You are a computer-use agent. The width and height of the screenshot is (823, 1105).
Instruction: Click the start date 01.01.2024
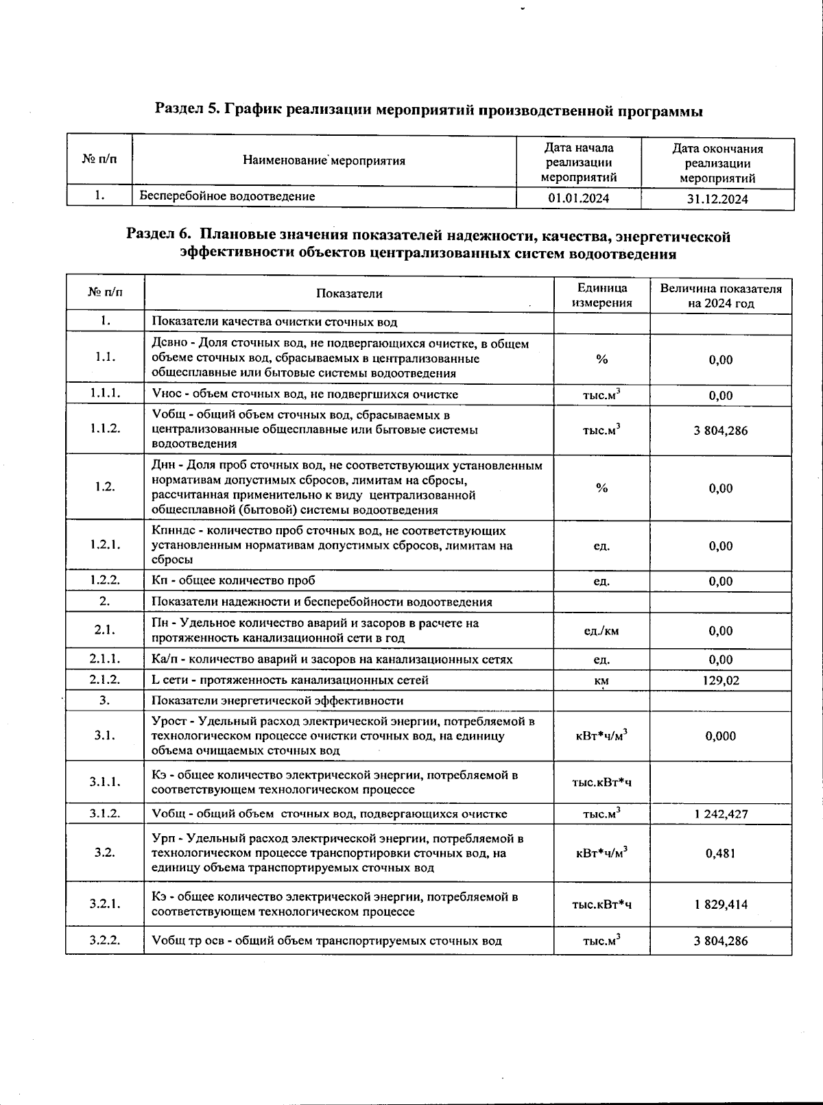(578, 199)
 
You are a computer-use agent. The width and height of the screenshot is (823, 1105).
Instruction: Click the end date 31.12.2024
(717, 199)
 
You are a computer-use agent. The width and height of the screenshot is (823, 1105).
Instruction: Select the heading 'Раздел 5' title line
(429, 110)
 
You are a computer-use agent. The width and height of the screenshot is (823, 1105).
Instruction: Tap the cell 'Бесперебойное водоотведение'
(228, 196)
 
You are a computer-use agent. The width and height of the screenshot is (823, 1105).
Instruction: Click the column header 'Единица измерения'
(601, 295)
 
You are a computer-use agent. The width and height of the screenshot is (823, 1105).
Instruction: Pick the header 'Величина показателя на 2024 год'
(721, 295)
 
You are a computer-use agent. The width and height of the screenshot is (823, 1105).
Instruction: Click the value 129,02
(720, 680)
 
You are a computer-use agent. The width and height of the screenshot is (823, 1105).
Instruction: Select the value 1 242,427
(720, 814)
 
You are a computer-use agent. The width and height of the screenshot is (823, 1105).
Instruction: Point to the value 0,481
(720, 853)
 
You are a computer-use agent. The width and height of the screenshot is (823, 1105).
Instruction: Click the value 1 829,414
(720, 905)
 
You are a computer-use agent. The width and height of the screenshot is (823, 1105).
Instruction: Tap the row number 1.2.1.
(105, 545)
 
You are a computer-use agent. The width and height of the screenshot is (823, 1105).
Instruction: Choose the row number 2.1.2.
(105, 680)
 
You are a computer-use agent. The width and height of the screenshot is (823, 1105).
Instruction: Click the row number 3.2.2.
(105, 940)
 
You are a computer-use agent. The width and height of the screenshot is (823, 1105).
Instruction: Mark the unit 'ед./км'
(601, 631)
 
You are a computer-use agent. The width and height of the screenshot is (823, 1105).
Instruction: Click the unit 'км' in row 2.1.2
(601, 680)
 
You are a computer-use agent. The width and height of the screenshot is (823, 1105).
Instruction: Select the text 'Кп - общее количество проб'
(233, 580)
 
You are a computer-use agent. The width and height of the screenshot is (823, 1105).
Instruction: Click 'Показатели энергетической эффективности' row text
(277, 700)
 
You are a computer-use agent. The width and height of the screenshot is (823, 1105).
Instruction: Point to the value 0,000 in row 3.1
(720, 736)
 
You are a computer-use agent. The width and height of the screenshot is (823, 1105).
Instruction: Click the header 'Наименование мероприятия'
(324, 161)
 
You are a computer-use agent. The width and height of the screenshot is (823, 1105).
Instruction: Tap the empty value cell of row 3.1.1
(720, 782)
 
